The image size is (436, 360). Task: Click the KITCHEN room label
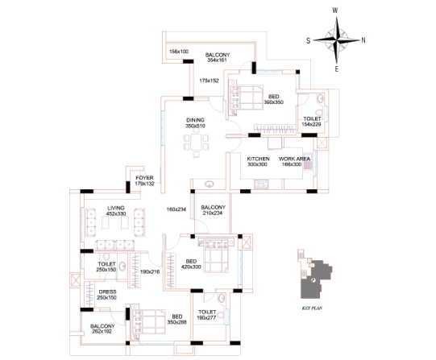click(x=258, y=159)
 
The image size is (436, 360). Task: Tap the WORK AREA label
click(x=294, y=159)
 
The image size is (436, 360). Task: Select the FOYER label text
click(x=144, y=178)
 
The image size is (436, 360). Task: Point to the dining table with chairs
click(x=196, y=143)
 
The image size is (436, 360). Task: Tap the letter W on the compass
click(x=335, y=10)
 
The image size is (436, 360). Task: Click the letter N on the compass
click(x=363, y=40)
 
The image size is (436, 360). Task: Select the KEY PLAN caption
click(x=312, y=308)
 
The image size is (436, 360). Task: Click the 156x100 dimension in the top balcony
click(x=179, y=52)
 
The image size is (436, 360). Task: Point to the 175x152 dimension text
click(x=209, y=81)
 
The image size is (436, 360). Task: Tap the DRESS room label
click(x=107, y=292)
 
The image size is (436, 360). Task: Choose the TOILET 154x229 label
click(x=311, y=122)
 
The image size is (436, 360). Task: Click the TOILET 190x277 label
click(x=206, y=315)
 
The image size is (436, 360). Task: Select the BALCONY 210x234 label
click(x=213, y=210)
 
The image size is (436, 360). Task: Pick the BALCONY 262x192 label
click(x=102, y=329)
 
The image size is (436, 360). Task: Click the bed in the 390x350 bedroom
click(x=246, y=97)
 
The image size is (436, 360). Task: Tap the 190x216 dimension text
click(x=150, y=271)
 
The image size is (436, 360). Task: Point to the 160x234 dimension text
click(x=176, y=209)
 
